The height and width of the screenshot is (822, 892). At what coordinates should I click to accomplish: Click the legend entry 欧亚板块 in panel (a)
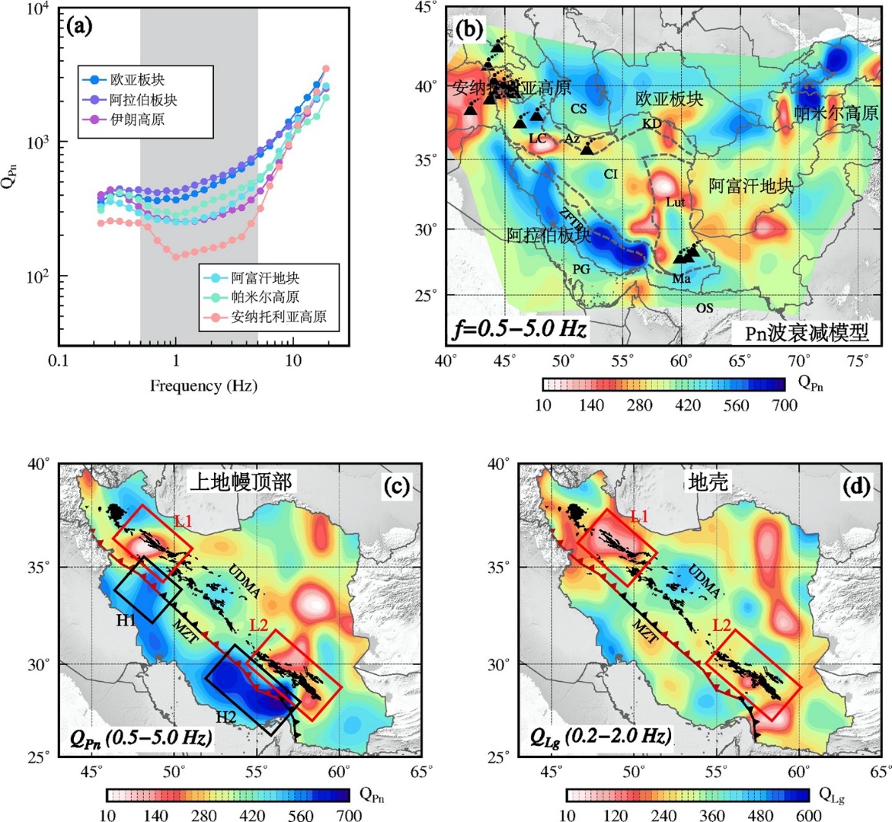(137, 80)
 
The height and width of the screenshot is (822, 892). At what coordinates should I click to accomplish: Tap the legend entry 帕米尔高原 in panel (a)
(266, 297)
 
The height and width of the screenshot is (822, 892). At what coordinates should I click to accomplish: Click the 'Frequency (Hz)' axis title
(203, 386)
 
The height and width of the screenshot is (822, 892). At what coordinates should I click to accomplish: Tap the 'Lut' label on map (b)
(675, 202)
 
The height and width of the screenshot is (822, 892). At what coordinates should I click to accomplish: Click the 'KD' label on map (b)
(651, 124)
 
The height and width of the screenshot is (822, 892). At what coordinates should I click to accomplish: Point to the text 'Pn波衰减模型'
(807, 332)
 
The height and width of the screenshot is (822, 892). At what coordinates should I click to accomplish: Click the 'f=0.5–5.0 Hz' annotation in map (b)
(521, 330)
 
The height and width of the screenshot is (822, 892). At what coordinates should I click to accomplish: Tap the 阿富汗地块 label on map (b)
(750, 186)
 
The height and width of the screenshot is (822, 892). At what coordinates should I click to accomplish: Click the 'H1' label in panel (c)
(127, 621)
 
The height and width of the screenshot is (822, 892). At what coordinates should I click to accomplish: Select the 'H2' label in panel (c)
(226, 717)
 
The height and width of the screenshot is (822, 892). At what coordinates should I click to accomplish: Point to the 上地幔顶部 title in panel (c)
(240, 482)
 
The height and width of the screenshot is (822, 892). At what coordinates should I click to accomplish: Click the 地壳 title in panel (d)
(707, 482)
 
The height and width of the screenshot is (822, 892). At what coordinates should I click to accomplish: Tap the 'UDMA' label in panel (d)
(703, 581)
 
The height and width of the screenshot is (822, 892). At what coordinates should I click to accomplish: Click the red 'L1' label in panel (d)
(640, 516)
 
